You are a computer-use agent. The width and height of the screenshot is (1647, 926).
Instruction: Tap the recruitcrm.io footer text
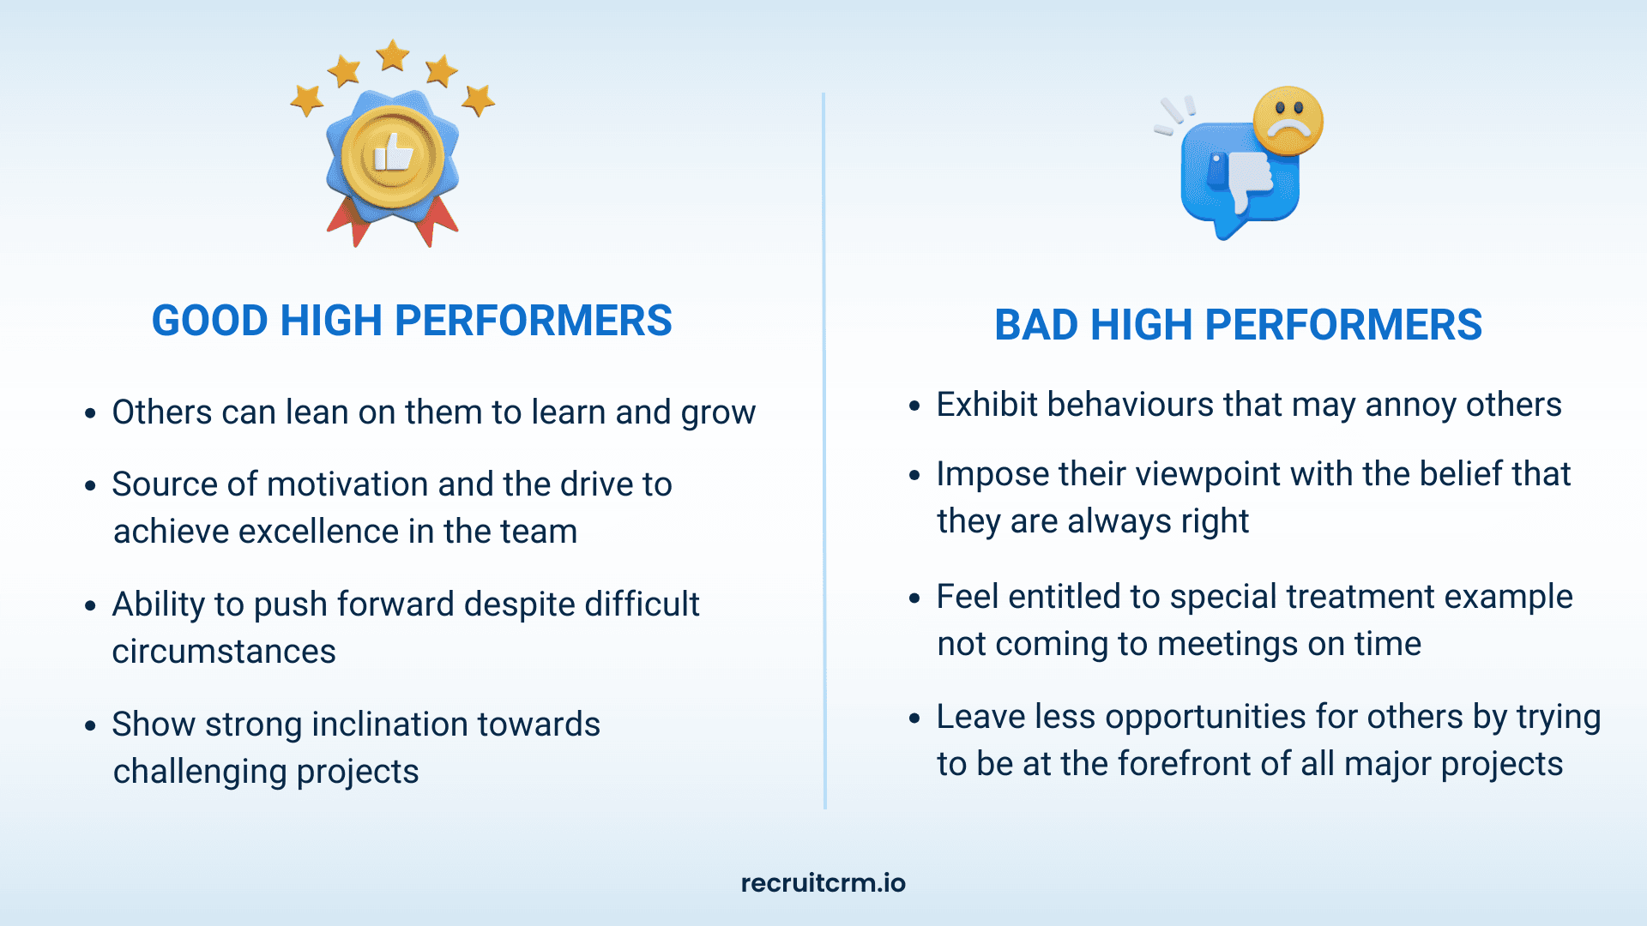(823, 883)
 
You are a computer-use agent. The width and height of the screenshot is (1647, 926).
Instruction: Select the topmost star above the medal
(393, 55)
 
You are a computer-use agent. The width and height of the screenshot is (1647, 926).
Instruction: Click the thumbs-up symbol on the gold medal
(393, 155)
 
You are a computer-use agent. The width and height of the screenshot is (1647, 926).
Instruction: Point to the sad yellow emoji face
(1288, 121)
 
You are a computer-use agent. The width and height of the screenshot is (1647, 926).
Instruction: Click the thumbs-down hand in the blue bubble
(1241, 178)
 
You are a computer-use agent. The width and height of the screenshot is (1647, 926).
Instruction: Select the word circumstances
(224, 652)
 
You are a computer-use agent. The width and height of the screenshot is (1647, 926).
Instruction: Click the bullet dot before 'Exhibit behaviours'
(914, 406)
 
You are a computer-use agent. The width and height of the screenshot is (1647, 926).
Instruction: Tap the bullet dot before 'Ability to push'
(90, 605)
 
